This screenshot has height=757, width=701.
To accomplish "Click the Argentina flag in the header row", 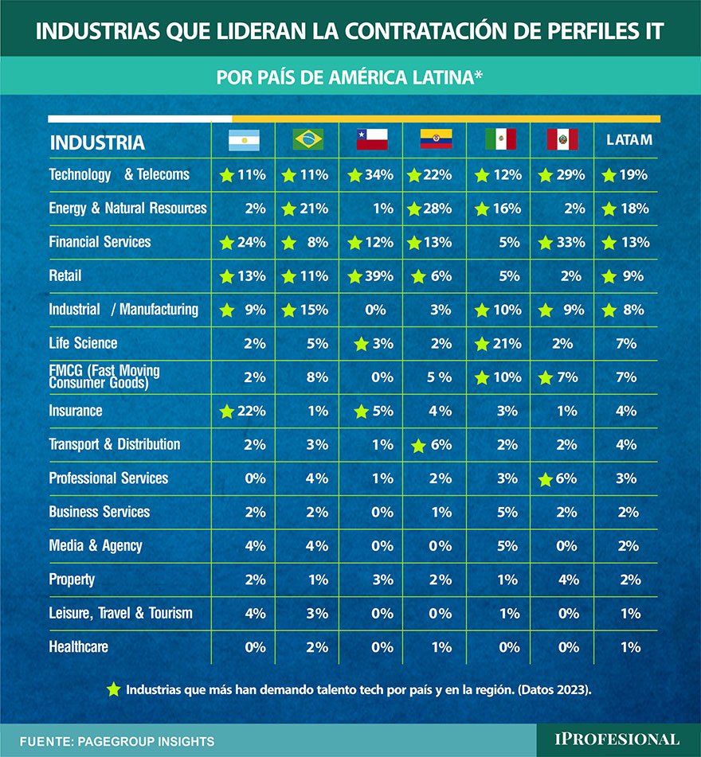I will tap(244, 140).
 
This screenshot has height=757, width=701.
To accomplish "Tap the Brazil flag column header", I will tap(307, 140).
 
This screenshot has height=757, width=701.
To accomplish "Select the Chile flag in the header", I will tap(371, 140).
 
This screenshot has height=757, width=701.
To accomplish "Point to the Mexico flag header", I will tap(500, 140).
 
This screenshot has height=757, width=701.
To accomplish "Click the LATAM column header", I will tap(629, 140).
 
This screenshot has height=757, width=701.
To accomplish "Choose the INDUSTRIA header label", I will tap(97, 143).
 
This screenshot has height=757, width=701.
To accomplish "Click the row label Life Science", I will tap(83, 343).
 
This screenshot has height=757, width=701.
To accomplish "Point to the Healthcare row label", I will tap(78, 647).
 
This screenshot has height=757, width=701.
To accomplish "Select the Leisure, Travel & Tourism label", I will tap(120, 613).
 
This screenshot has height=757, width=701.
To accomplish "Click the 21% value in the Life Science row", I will tap(507, 344).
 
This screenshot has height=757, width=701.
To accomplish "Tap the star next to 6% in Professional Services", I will tap(545, 479).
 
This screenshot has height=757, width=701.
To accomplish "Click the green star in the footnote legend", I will tap(113, 689).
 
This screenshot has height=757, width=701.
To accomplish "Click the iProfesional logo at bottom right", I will tap(617, 739).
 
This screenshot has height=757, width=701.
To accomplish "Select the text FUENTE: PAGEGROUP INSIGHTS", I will tap(117, 741).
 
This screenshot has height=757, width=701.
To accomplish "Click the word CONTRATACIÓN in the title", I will tap(396, 31).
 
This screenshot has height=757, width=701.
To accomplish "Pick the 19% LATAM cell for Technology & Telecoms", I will tap(635, 175).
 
